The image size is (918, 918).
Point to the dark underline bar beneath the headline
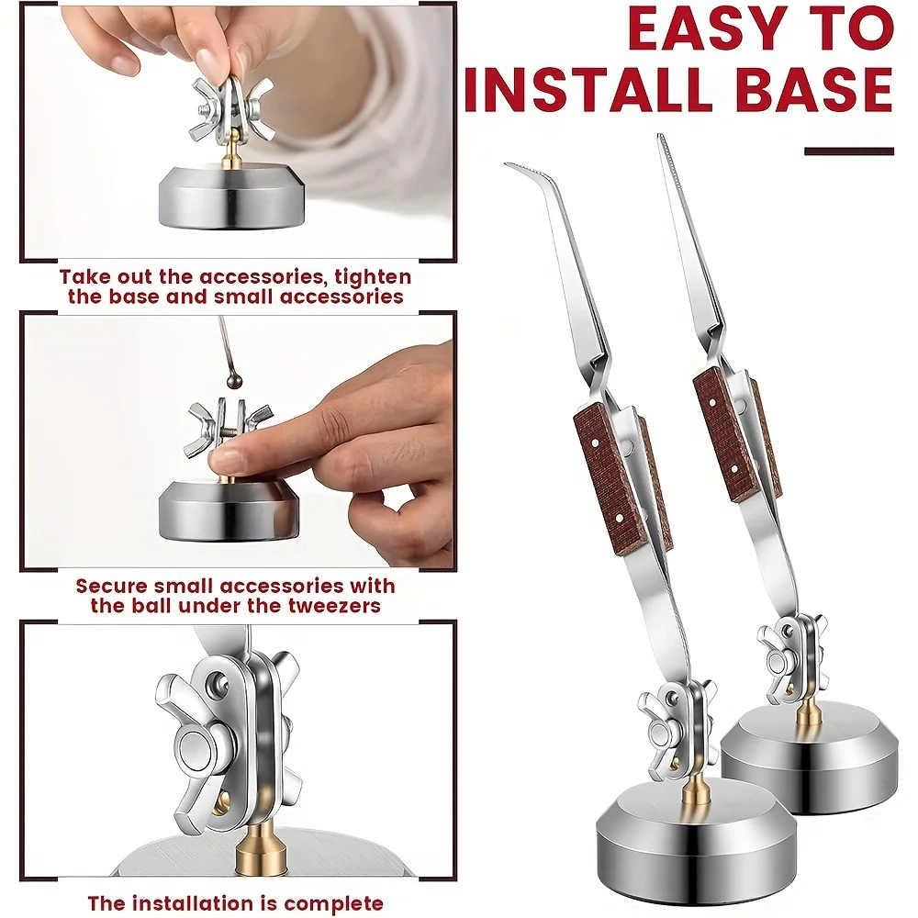849,151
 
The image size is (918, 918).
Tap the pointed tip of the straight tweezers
661,137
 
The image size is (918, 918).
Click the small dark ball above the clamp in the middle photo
235,381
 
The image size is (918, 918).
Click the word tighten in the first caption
373,276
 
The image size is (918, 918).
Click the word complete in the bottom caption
334,903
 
